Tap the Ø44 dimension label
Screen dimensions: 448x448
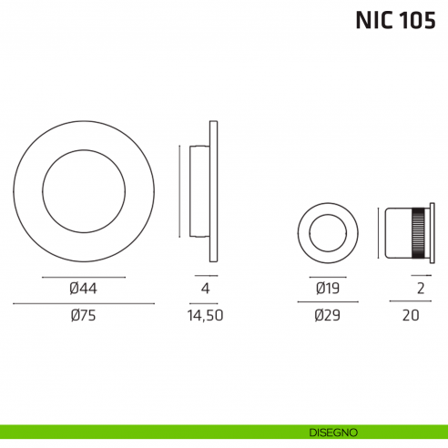(83, 290)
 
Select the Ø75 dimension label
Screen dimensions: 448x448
(83, 316)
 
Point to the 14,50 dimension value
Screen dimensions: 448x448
(204, 316)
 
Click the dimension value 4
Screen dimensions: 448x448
(205, 290)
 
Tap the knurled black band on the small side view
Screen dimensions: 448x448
(420, 234)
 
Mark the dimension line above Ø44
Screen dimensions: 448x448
(83, 276)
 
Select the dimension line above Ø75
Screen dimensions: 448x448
(83, 302)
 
